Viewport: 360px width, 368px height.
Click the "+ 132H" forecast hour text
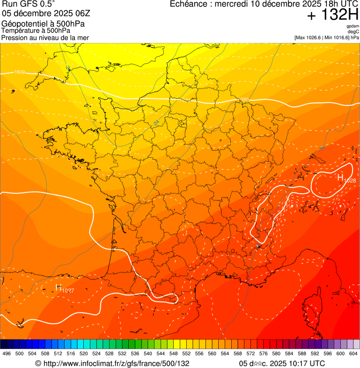click(333, 15)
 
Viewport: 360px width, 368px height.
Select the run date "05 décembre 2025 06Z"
click(45, 13)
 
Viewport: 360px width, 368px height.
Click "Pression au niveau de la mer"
click(45, 37)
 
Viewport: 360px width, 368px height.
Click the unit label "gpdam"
click(353, 26)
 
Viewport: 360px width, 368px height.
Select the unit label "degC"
click(353, 32)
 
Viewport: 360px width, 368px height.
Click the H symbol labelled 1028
click(340, 177)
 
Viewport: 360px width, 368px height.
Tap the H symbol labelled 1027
click(59, 287)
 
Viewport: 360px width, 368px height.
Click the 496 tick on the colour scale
click(7, 353)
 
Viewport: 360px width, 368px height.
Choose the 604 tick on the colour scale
click(353, 353)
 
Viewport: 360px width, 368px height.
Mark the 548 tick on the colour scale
click(174, 353)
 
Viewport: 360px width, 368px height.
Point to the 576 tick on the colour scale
click(264, 353)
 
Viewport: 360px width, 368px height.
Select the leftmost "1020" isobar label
click(20, 72)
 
